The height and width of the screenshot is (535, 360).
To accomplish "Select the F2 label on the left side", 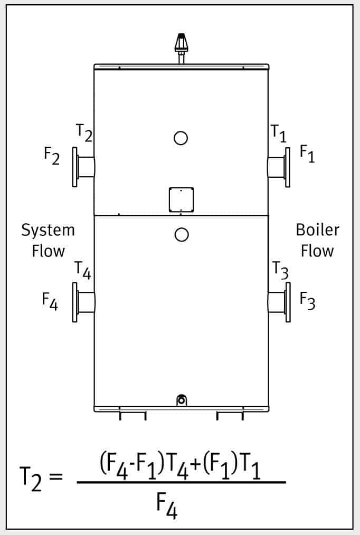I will [x=52, y=157].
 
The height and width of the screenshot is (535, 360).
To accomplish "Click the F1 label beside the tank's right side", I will [x=307, y=154].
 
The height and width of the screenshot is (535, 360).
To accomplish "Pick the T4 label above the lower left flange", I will [x=83, y=271].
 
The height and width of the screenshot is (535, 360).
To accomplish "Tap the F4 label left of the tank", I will [x=50, y=301].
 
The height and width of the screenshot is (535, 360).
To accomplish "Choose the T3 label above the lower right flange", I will [x=280, y=271].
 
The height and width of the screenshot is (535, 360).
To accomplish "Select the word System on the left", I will [x=48, y=231].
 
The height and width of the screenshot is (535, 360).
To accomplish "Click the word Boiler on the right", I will [x=317, y=231].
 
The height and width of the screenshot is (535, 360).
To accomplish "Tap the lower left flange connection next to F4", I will [x=83, y=302].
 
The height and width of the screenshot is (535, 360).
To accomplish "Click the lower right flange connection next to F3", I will [x=279, y=302].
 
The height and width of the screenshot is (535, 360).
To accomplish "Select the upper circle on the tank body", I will [x=181, y=138].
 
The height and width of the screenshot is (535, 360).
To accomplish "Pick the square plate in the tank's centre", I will [x=181, y=199].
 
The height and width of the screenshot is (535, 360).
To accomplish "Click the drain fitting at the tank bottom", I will [x=181, y=400].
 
